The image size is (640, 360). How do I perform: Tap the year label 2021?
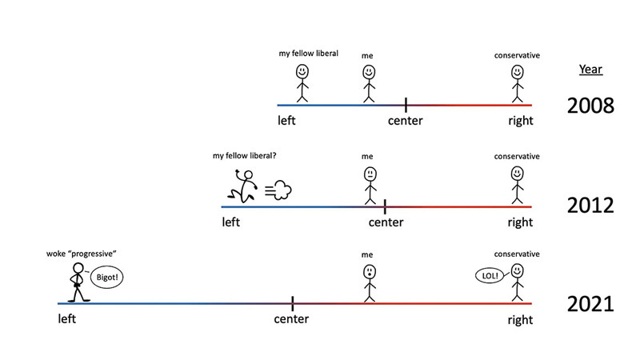pos(590,304)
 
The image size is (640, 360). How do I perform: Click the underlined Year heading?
pos(590,70)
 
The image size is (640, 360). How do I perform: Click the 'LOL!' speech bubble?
pos(490,277)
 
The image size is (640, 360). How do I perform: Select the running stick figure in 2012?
pos(242,186)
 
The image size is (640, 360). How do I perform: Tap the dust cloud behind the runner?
pos(277,190)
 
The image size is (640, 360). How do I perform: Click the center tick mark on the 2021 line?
pos(292,303)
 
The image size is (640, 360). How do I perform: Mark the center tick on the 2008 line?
pos(406,105)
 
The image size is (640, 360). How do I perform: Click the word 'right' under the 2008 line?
pos(520,122)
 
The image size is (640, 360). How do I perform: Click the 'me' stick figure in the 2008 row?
pos(368,83)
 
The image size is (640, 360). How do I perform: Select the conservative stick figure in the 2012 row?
pos(518,184)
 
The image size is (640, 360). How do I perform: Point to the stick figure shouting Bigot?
pos(79,282)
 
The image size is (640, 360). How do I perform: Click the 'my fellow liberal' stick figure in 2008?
pos(302,83)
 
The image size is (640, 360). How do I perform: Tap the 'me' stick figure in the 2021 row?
pos(369,282)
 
